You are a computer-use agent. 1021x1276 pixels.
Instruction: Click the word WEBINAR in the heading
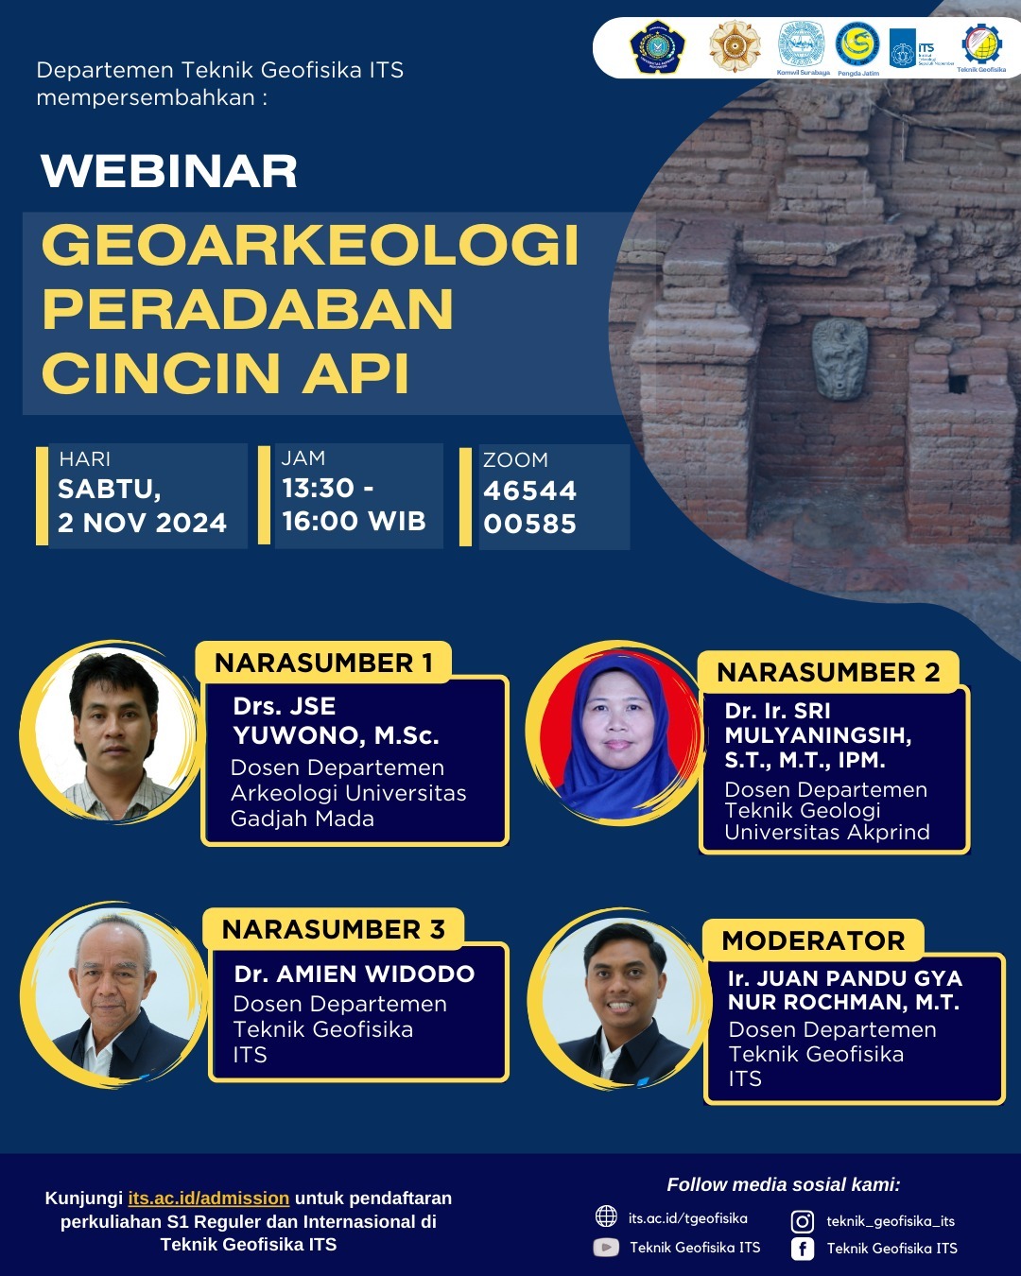[x=169, y=171]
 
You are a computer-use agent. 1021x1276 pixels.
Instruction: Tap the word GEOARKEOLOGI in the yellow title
[x=310, y=245]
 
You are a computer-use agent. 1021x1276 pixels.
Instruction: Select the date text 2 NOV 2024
[x=143, y=523]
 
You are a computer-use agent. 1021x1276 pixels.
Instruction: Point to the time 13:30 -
[x=328, y=488]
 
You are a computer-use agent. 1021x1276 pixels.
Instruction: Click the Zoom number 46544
[x=529, y=491]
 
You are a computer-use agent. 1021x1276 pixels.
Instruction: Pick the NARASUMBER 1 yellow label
[x=323, y=663]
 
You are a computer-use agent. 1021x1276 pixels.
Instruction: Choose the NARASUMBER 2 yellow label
[x=828, y=672]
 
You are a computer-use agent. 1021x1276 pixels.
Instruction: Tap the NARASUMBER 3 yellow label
[x=333, y=929]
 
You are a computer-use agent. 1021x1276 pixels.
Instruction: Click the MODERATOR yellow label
[x=813, y=940]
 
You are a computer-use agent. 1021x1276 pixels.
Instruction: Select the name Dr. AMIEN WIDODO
[x=355, y=974]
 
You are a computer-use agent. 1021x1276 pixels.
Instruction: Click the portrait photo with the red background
[x=617, y=733]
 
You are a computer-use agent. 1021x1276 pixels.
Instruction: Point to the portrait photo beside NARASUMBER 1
[x=113, y=733]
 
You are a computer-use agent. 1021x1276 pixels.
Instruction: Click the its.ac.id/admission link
[x=209, y=1198]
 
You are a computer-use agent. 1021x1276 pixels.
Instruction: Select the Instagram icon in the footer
[x=803, y=1221]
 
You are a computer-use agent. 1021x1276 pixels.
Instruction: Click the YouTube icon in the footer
[x=606, y=1248]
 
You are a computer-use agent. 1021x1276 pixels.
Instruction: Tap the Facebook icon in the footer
[x=803, y=1249]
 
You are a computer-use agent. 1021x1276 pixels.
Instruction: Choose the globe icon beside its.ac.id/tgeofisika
[x=606, y=1216]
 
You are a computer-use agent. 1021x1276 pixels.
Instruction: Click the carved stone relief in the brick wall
[x=839, y=357]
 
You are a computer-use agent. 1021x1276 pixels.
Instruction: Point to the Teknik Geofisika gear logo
[x=981, y=43]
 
